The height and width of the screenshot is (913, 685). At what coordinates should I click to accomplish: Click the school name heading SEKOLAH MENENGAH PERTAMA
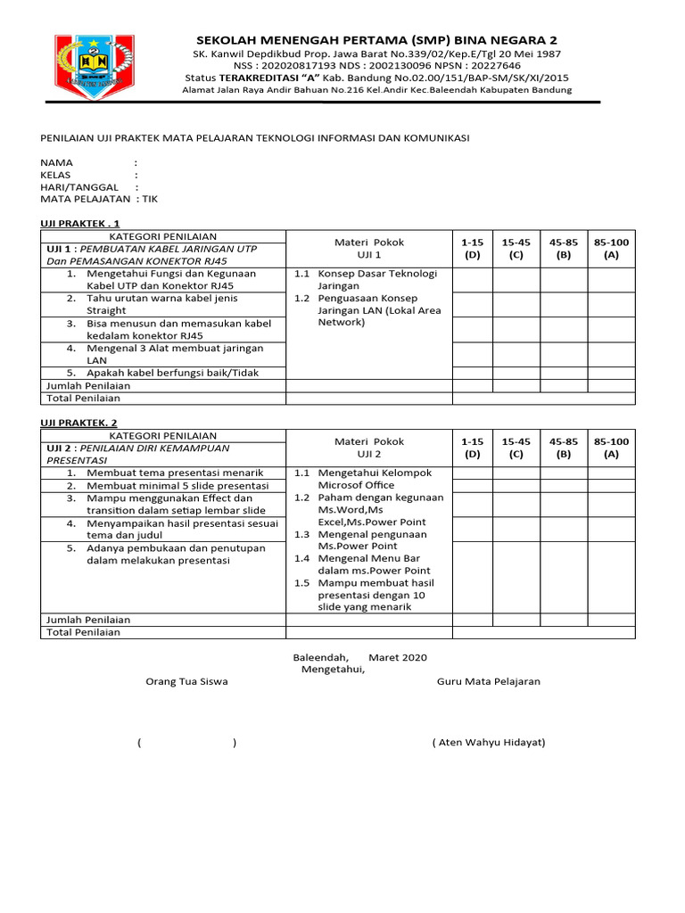376,40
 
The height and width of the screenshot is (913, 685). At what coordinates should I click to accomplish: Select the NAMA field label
56,162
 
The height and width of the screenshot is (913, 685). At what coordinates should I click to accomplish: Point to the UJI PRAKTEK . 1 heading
79,223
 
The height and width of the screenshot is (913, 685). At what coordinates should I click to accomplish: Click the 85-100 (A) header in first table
611,248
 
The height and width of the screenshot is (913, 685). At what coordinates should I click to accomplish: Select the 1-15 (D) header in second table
472,448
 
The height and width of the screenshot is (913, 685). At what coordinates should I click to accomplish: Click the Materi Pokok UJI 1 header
368,248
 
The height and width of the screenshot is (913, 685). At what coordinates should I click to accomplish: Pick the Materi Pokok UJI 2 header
368,448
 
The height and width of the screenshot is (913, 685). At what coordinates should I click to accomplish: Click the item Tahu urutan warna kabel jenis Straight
161,304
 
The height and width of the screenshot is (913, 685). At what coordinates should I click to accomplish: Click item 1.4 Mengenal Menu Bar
367,564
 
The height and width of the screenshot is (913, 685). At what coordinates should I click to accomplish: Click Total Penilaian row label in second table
83,632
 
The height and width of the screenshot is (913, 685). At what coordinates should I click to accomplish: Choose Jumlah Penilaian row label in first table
87,385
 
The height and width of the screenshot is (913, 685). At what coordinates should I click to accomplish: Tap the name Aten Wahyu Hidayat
488,742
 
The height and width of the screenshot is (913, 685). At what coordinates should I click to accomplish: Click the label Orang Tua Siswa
186,681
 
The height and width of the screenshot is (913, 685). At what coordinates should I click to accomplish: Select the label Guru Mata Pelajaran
488,681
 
